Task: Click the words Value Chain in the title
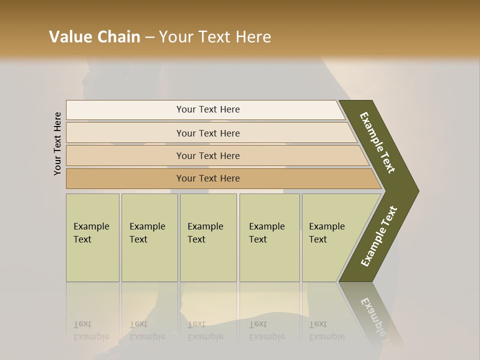(x=94, y=37)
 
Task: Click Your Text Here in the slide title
(x=215, y=37)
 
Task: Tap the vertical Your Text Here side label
(x=57, y=143)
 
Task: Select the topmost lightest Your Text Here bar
(x=208, y=109)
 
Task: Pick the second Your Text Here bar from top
(x=208, y=133)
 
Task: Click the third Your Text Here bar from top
(x=208, y=155)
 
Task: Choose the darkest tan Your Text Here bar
(x=208, y=178)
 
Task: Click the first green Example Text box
(x=92, y=237)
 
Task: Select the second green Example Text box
(x=149, y=237)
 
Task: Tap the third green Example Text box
(x=208, y=237)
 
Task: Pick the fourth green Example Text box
(x=269, y=237)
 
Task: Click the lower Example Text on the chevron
(x=379, y=236)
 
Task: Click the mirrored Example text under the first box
(x=91, y=336)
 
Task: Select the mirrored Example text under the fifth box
(x=327, y=336)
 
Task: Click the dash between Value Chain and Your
(x=149, y=37)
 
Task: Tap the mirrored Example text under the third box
(x=205, y=336)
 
